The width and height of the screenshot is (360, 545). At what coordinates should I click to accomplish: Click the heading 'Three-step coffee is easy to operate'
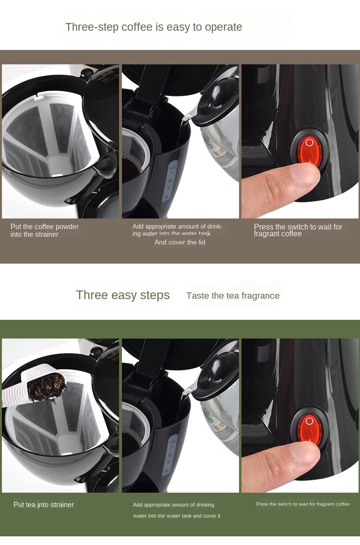(x=154, y=27)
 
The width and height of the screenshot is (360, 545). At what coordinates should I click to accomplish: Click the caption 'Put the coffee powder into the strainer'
(x=45, y=230)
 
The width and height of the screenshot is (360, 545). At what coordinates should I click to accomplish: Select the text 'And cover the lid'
(x=180, y=242)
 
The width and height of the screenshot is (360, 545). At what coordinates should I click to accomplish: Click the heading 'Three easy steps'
(x=123, y=295)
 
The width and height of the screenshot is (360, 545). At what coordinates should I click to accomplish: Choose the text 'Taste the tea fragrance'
(x=233, y=296)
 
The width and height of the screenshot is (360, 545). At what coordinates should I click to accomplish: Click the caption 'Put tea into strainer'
(x=44, y=505)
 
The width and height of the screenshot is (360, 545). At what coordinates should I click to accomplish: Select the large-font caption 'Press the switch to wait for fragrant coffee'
(x=298, y=230)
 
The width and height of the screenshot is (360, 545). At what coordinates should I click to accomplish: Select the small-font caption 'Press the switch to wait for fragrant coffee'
(x=303, y=504)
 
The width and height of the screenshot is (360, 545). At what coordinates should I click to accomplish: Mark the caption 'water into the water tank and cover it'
(x=177, y=516)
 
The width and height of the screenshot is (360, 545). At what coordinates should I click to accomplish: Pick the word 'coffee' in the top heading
(x=137, y=27)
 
